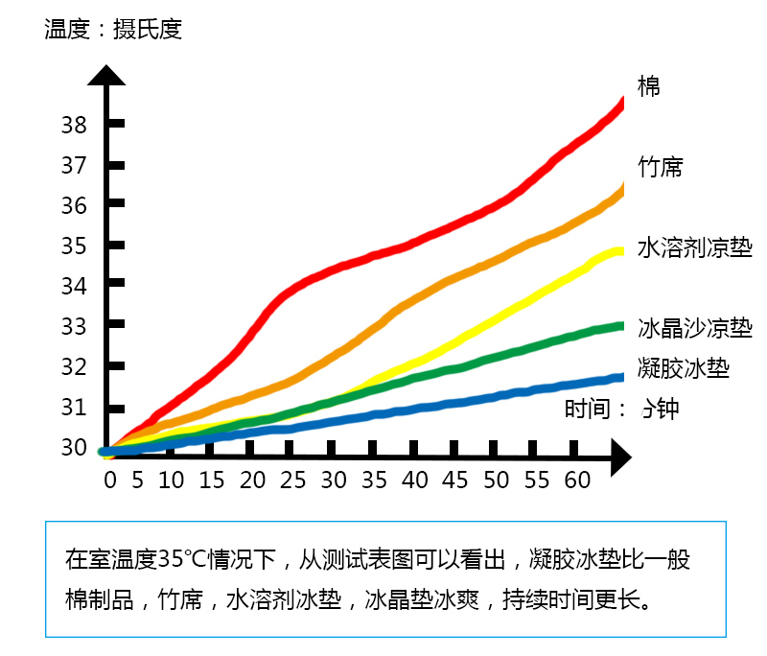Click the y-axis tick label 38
pyautogui.click(x=74, y=125)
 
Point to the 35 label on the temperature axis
pyautogui.click(x=74, y=246)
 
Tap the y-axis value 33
pyautogui.click(x=74, y=327)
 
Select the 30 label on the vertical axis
pyautogui.click(x=74, y=448)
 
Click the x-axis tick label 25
pyautogui.click(x=293, y=480)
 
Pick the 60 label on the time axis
pyautogui.click(x=577, y=480)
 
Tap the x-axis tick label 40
pyautogui.click(x=415, y=480)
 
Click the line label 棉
pyautogui.click(x=649, y=86)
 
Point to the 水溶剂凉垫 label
pyautogui.click(x=694, y=247)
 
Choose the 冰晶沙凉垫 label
pyautogui.click(x=694, y=328)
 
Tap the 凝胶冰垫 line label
pyautogui.click(x=684, y=367)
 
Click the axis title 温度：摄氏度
pyautogui.click(x=112, y=30)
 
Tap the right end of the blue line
pyautogui.click(x=620, y=378)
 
